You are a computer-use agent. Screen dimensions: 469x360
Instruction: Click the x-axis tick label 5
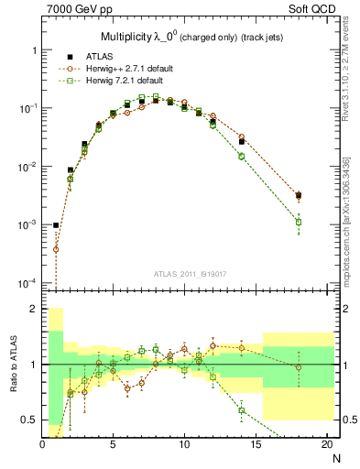[x=113, y=444]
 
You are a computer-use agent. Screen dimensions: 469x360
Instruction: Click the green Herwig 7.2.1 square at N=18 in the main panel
[x=299, y=222]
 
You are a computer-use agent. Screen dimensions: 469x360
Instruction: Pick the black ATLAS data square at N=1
[x=56, y=225]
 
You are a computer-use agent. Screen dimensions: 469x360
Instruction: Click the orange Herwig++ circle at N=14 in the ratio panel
[x=242, y=348]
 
